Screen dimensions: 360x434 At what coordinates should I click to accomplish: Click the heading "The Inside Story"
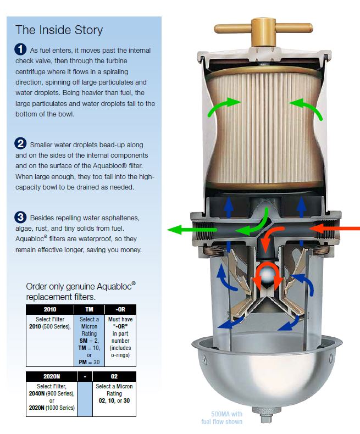pyautogui.click(x=59, y=30)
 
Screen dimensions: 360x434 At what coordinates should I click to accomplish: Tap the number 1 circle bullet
pyautogui.click(x=20, y=49)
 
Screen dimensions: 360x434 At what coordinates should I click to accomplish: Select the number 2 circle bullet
pyautogui.click(x=20, y=143)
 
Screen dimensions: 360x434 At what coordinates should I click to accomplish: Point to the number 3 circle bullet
pyautogui.click(x=20, y=217)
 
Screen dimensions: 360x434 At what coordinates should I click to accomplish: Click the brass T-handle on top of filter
pyautogui.click(x=263, y=30)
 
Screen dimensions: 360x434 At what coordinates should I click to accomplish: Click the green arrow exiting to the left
pyautogui.click(x=192, y=230)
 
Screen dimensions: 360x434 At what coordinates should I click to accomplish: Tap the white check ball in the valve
pyautogui.click(x=267, y=274)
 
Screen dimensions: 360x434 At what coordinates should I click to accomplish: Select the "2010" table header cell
pyautogui.click(x=50, y=309)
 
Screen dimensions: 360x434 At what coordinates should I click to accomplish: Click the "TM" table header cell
pyautogui.click(x=89, y=309)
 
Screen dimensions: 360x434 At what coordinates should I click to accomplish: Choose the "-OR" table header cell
pyautogui.click(x=120, y=309)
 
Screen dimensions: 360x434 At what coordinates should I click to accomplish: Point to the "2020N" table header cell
pyautogui.click(x=52, y=376)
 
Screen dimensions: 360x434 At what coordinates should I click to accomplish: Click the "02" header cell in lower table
pyautogui.click(x=114, y=376)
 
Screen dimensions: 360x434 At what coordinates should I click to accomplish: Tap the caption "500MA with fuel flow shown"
pyautogui.click(x=222, y=418)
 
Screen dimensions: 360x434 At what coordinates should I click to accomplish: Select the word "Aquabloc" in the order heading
pyautogui.click(x=114, y=286)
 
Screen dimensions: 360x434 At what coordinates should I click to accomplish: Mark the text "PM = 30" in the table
pyautogui.click(x=89, y=362)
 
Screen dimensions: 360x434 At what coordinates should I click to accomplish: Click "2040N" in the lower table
pyautogui.click(x=37, y=393)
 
